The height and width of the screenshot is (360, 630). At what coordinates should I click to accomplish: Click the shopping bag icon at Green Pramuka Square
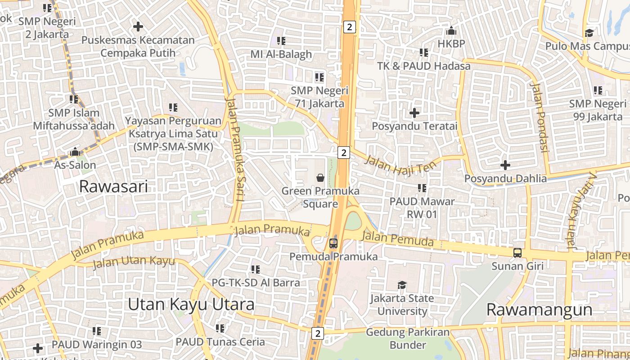[x=320, y=178]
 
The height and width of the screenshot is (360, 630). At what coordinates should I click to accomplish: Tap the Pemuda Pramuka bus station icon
[x=333, y=243]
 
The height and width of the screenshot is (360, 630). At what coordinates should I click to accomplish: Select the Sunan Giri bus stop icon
[x=517, y=253]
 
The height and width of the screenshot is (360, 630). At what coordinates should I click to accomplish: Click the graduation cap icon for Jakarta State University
[x=402, y=285]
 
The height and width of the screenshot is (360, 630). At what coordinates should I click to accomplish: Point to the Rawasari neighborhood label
[x=113, y=186]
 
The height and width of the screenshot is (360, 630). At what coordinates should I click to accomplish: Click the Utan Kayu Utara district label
[x=191, y=304]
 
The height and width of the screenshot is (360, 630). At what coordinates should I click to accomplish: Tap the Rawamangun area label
[x=539, y=310]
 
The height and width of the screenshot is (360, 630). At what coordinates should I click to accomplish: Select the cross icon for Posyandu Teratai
[x=414, y=112]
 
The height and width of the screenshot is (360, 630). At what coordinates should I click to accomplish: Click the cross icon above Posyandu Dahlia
[x=505, y=165]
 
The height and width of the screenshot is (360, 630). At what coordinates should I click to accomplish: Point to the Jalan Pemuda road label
[x=398, y=238]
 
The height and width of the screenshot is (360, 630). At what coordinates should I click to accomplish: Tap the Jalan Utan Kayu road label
[x=133, y=262]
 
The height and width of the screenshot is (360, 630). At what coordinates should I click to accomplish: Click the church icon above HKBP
[x=451, y=31]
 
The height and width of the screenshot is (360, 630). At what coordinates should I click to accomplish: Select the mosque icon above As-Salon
[x=75, y=152]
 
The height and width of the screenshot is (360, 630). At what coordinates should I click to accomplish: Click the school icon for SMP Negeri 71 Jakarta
[x=319, y=77]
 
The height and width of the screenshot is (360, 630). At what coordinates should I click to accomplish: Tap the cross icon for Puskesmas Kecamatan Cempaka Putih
[x=138, y=27]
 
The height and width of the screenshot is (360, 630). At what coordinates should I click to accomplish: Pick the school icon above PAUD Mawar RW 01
[x=422, y=188]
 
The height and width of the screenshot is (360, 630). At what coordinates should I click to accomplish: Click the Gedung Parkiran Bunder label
[x=408, y=339]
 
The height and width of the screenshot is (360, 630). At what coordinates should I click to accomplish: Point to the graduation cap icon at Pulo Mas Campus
[x=589, y=33]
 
